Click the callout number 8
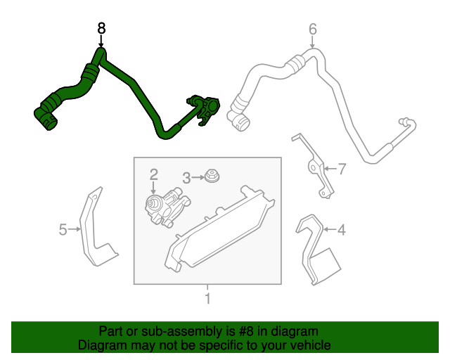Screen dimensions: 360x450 coord(101,28)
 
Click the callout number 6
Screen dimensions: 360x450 coord(313,29)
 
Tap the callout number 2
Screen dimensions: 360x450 coord(153,173)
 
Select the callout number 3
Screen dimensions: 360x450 coord(186,178)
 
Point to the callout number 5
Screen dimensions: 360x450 coord(63,229)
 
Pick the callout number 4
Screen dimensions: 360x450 coord(341,229)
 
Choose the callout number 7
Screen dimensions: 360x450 coord(342,169)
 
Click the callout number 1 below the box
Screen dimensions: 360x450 coord(207,298)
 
